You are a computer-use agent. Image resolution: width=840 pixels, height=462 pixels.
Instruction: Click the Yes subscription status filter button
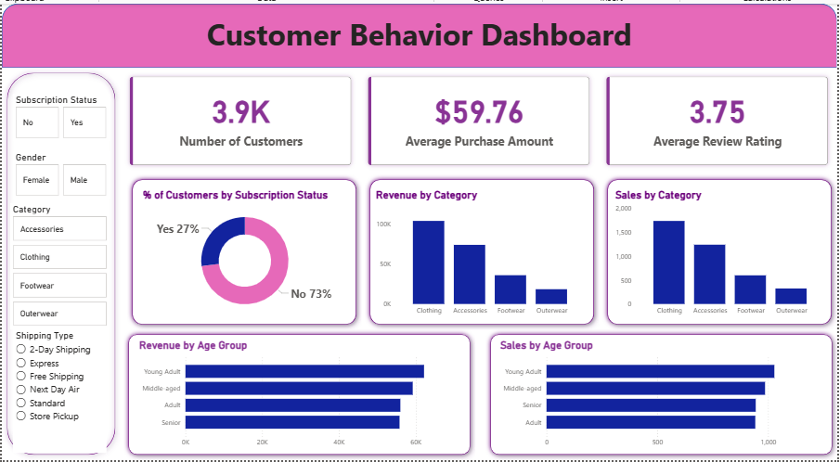point(84,122)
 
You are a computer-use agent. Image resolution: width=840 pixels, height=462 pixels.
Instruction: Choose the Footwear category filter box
point(60,286)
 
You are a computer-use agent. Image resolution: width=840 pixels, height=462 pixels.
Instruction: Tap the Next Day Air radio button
point(20,390)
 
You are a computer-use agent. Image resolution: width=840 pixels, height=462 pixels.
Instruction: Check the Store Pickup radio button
point(20,417)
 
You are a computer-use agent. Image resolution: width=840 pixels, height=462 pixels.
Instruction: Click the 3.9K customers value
point(240,112)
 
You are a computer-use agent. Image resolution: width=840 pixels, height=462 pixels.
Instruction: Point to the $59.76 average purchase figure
point(479,112)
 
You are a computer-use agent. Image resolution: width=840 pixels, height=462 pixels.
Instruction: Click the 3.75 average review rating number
point(717,112)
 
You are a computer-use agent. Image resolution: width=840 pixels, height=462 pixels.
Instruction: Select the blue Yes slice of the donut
point(218,239)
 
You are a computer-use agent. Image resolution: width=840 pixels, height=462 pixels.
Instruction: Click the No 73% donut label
point(311,294)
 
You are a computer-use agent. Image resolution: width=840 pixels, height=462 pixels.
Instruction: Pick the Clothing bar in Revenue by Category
point(429,262)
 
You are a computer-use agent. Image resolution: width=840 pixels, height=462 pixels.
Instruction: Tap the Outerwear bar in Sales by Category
point(791,296)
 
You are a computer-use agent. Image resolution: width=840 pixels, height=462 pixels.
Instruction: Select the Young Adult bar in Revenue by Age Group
point(304,372)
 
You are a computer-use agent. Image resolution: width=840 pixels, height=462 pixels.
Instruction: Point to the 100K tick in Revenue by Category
point(383,225)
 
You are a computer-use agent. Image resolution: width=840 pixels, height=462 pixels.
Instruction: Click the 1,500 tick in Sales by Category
point(623,233)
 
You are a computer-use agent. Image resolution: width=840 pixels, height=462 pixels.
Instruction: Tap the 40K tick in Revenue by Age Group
point(339,443)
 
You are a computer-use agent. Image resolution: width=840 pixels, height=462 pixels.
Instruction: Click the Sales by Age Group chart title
point(546,346)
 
